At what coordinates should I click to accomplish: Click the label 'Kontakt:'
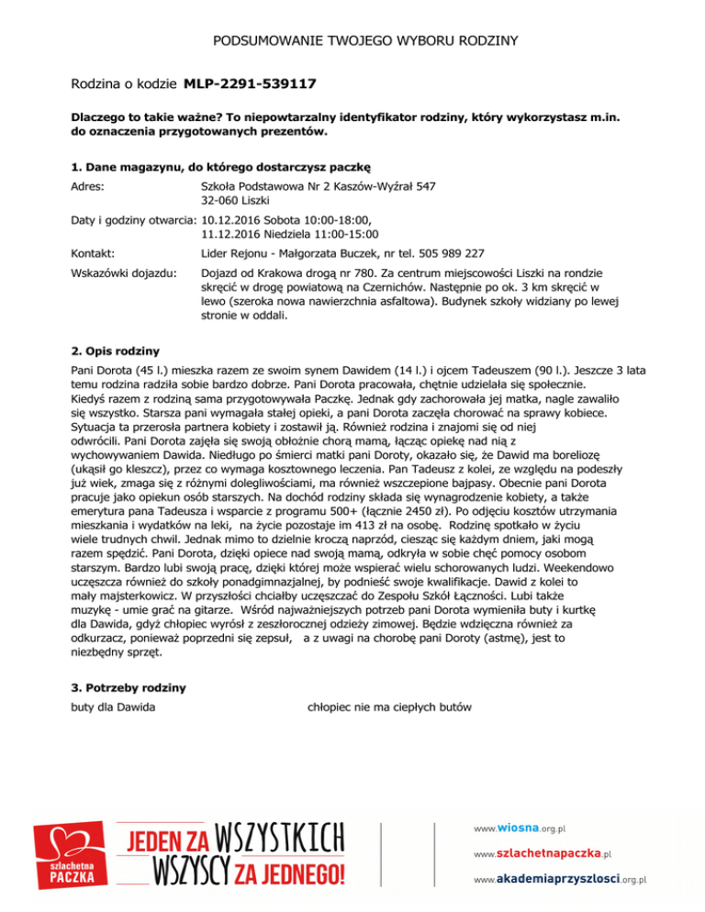96,254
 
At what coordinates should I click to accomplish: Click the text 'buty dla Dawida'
113,707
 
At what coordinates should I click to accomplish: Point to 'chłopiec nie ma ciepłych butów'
389,707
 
